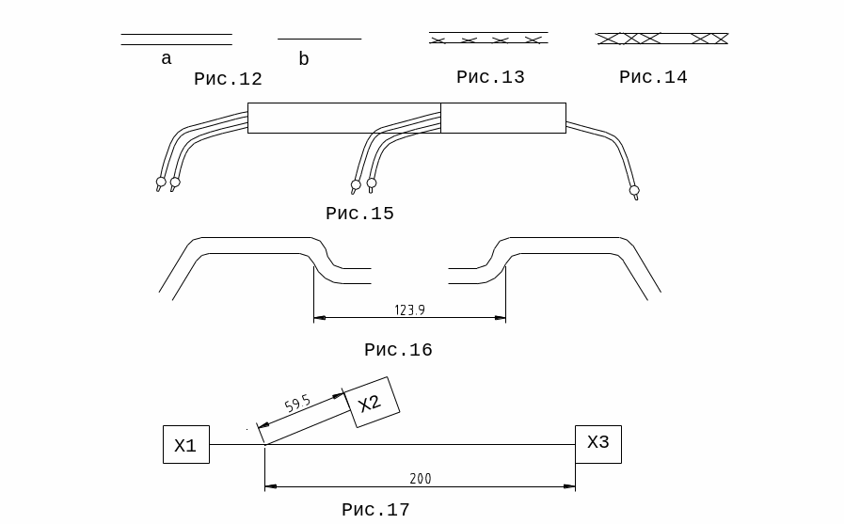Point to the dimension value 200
click(x=421, y=478)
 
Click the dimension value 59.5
click(x=297, y=404)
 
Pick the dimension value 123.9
click(x=409, y=310)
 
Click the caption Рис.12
click(x=228, y=79)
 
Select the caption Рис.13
click(x=490, y=77)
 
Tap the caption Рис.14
click(x=653, y=77)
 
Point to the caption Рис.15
click(x=359, y=214)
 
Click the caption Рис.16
click(x=398, y=350)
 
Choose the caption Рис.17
click(x=375, y=510)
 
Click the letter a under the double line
click(x=167, y=58)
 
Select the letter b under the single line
click(x=304, y=58)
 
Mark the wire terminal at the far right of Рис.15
click(x=634, y=192)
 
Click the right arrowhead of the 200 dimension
click(x=569, y=486)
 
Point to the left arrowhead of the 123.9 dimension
click(x=320, y=317)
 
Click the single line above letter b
click(x=319, y=39)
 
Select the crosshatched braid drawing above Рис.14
click(x=661, y=39)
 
